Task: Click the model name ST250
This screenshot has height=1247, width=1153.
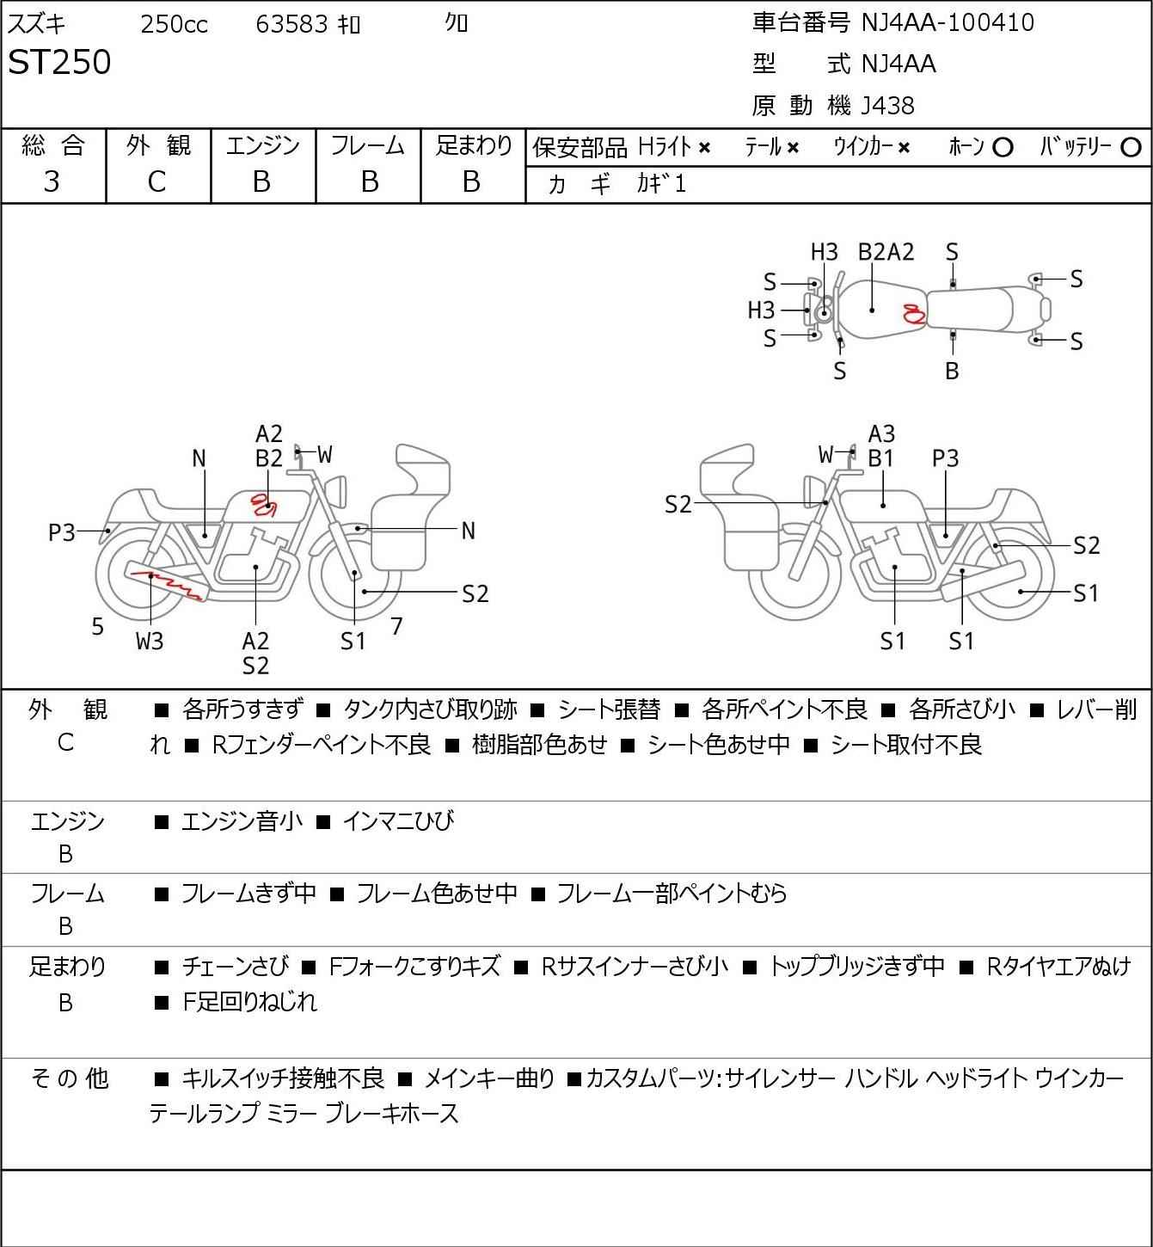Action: [x=59, y=62]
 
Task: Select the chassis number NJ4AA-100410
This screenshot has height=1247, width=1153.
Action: [x=948, y=22]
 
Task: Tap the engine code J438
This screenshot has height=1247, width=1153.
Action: [x=887, y=106]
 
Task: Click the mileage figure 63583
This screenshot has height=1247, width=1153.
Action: [x=291, y=24]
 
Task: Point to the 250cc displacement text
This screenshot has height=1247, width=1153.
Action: [x=174, y=24]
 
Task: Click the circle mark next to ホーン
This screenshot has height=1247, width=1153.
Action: [x=1003, y=148]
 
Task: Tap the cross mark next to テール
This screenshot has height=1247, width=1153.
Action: [x=793, y=148]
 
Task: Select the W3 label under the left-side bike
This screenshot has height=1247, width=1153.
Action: [x=150, y=641]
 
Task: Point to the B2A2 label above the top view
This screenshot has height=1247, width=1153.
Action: [x=886, y=252]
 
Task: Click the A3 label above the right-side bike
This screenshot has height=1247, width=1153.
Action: [x=881, y=434]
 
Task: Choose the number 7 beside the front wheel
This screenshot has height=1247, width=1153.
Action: [x=396, y=626]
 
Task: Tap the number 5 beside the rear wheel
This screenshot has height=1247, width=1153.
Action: [x=97, y=626]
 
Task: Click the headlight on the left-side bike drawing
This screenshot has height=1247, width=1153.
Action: [x=337, y=492]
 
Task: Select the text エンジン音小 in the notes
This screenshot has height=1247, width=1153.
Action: [x=242, y=821]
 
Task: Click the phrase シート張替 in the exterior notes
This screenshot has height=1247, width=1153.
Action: [x=609, y=709]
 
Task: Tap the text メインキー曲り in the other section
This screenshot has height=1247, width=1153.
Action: [x=489, y=1078]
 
